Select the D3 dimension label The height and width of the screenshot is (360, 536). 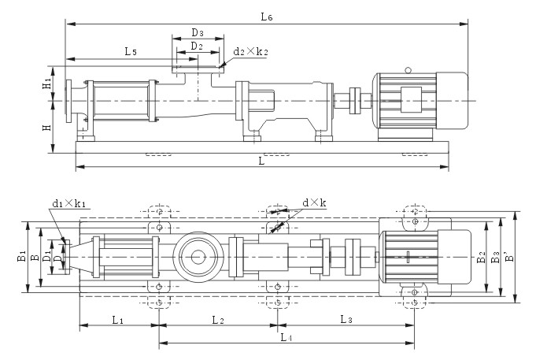coord(198,33)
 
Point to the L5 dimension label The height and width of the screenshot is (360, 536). coord(131,51)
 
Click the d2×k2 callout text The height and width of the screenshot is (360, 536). coord(250,52)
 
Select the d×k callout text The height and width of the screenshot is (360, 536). coord(314,203)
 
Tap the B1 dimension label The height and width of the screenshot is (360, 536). coord(23,255)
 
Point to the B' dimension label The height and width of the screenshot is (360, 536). coord(509,257)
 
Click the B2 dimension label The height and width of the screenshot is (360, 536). coord(481,256)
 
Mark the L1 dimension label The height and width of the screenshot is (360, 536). coord(116,320)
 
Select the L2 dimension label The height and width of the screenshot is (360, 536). coord(218,320)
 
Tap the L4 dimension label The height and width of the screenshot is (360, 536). coord(286,337)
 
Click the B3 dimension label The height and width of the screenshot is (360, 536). coord(494,257)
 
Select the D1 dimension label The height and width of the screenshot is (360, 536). coord(47,256)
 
